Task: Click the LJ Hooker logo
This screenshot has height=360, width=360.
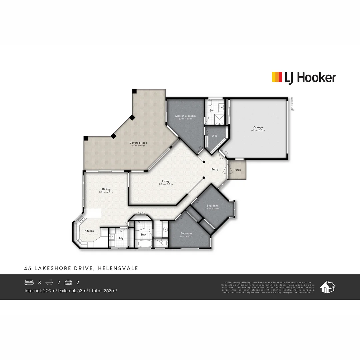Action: [x=304, y=77]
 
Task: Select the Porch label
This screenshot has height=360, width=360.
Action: [x=237, y=170]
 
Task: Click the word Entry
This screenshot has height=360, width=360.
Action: [x=215, y=169]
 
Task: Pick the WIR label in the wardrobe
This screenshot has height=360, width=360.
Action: [x=214, y=136]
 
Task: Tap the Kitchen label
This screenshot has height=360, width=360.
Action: [x=89, y=231]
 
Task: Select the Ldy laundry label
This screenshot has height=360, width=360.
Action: [x=121, y=238]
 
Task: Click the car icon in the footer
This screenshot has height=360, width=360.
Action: [x=68, y=282]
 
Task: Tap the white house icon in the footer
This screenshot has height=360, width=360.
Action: [x=327, y=287]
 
